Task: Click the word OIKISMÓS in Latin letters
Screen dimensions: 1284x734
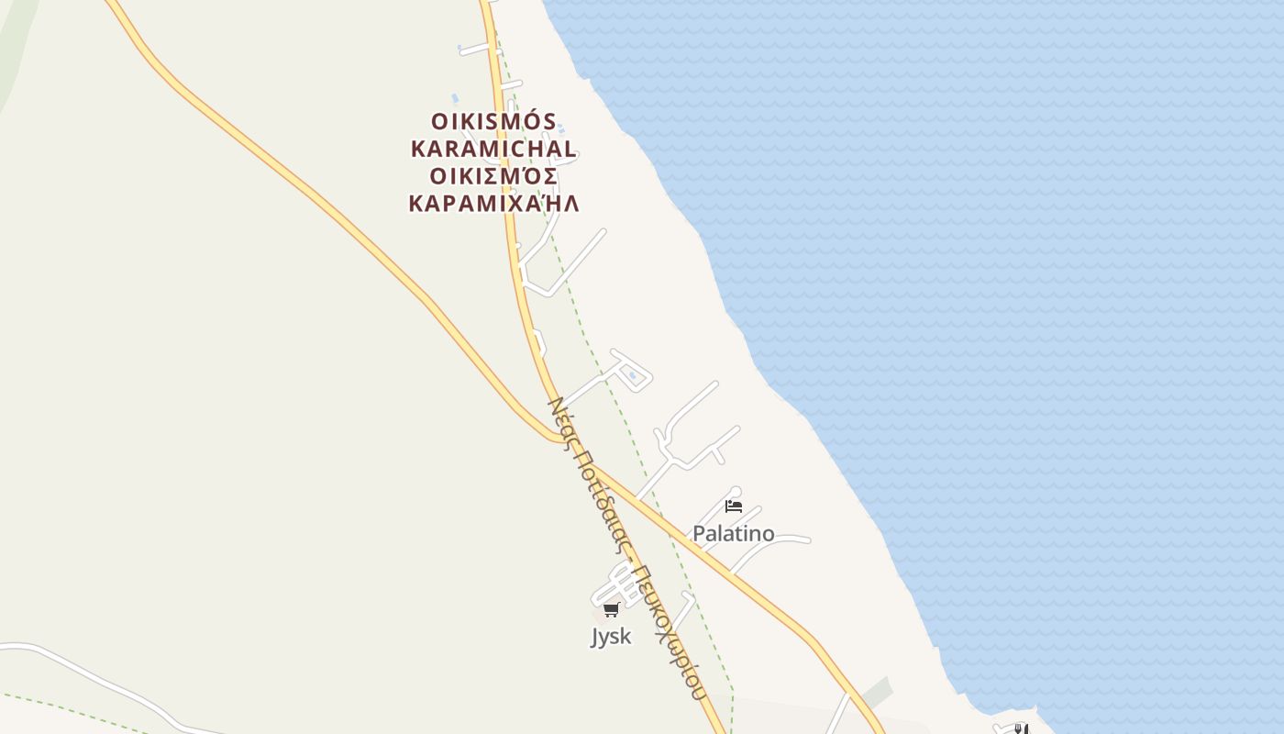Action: [493, 122]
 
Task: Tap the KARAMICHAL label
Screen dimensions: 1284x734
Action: [493, 149]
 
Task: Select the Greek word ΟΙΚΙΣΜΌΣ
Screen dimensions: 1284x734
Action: [493, 176]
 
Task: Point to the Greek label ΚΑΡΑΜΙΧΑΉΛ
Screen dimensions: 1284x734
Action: [493, 204]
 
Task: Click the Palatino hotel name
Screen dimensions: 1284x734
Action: [733, 534]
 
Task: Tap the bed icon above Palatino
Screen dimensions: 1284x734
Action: [733, 506]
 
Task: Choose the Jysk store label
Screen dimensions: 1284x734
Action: [611, 637]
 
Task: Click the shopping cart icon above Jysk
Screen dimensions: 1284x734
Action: [611, 609]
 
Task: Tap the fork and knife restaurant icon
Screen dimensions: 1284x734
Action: [1021, 729]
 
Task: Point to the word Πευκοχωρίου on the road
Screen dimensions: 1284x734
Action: [668, 633]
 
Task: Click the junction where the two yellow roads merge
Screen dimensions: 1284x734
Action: [561, 439]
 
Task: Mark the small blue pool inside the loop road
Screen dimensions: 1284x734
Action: [631, 374]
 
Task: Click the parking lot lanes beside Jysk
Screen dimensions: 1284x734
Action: [623, 582]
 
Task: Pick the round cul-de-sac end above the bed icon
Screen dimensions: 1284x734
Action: [735, 492]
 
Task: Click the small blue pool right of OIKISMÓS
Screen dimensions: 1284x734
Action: [561, 128]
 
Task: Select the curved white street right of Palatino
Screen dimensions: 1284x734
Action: [780, 540]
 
